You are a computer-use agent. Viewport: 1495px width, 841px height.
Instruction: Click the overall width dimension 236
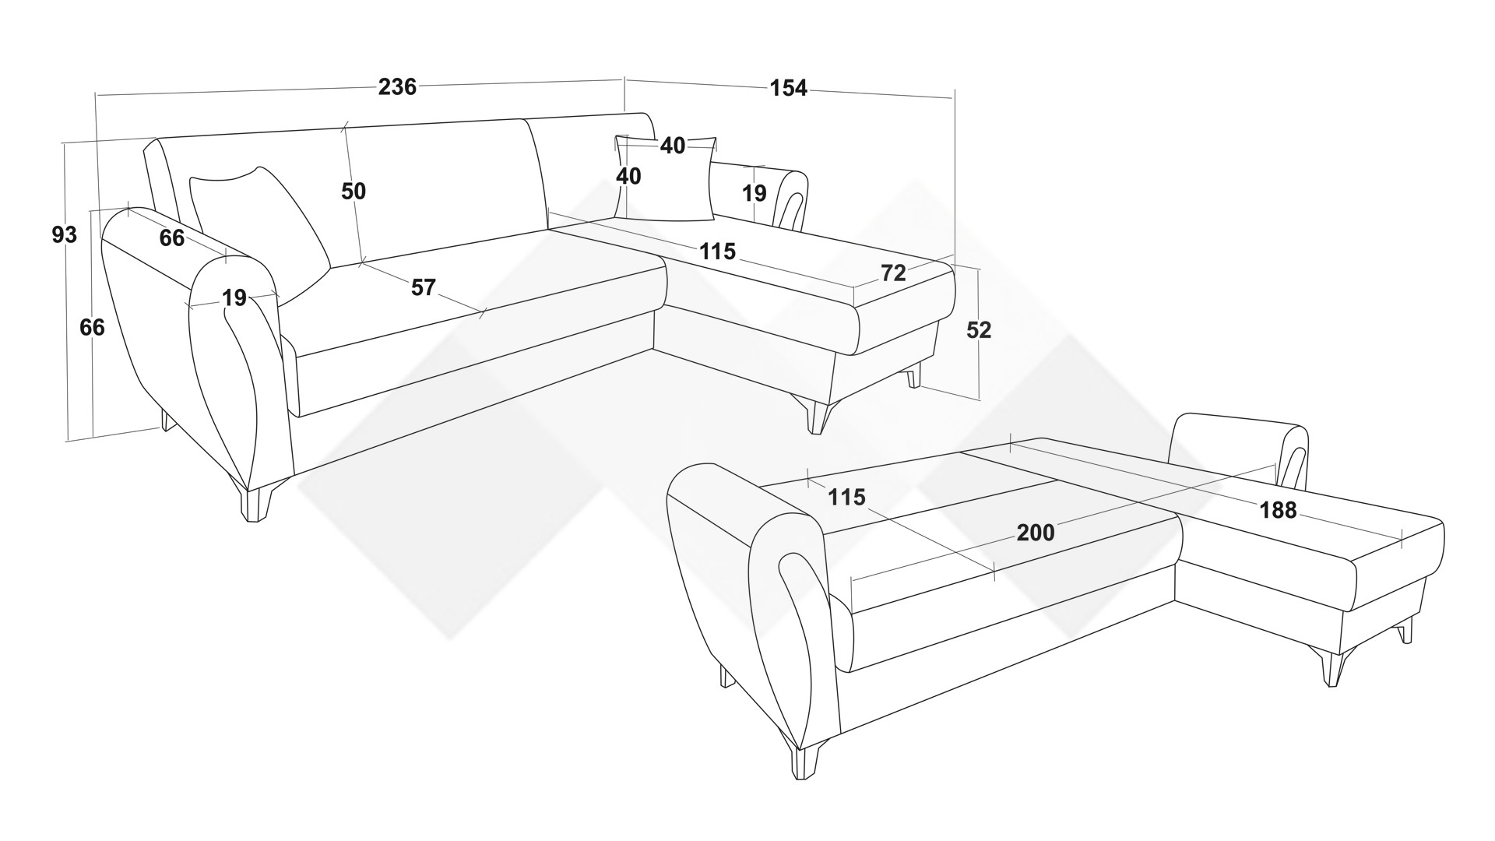[x=397, y=86]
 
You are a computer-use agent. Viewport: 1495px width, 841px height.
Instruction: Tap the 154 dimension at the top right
[x=788, y=88]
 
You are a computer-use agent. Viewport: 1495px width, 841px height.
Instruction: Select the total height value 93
[x=65, y=234]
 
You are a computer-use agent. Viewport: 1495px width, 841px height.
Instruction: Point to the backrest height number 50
[x=354, y=191]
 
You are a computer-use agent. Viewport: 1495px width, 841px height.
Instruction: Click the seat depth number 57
[x=423, y=287]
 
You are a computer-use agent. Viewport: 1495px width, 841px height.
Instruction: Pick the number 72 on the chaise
[x=893, y=273]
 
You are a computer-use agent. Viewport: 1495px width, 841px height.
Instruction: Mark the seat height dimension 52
[x=979, y=330]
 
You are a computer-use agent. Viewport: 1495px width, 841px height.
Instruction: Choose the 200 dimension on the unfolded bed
[x=1036, y=533]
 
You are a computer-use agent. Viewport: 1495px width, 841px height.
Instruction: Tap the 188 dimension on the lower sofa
[x=1279, y=510]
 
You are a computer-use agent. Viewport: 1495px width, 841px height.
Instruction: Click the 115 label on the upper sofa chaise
[x=717, y=252]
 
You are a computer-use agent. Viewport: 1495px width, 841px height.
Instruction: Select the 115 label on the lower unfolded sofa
[x=846, y=497]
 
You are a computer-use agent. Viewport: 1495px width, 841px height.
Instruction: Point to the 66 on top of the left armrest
[x=172, y=238]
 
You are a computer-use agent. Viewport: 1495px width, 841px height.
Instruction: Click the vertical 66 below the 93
[x=92, y=328]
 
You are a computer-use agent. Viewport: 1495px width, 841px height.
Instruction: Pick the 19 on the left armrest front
[x=234, y=297]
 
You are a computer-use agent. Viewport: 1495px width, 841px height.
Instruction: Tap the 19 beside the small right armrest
[x=754, y=193]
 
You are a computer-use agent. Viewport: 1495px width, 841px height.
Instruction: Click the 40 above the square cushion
[x=673, y=146]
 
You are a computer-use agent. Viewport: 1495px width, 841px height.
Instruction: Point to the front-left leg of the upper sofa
[x=253, y=503]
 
